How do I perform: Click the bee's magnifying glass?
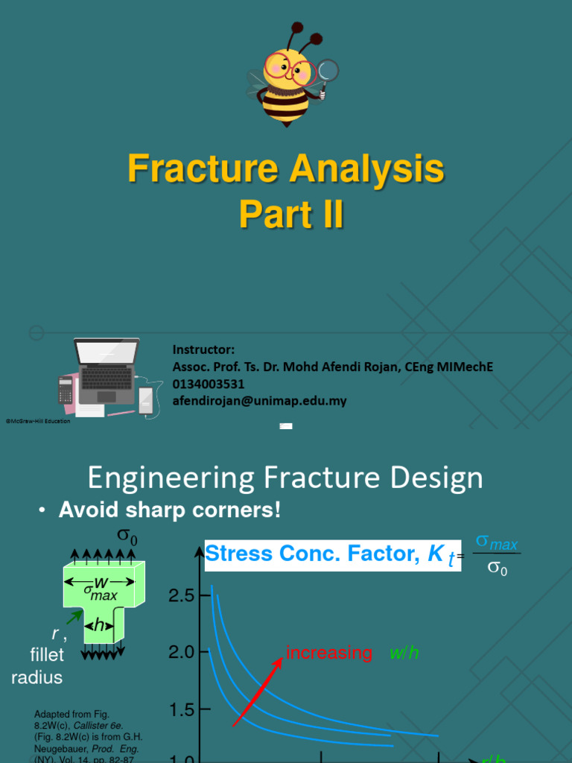[327, 72]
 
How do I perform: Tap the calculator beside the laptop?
[66, 390]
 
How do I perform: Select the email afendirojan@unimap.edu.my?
[260, 401]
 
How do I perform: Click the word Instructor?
[203, 349]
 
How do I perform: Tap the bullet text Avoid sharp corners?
[170, 511]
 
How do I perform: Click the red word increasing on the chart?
[329, 653]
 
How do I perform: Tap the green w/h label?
[404, 653]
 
